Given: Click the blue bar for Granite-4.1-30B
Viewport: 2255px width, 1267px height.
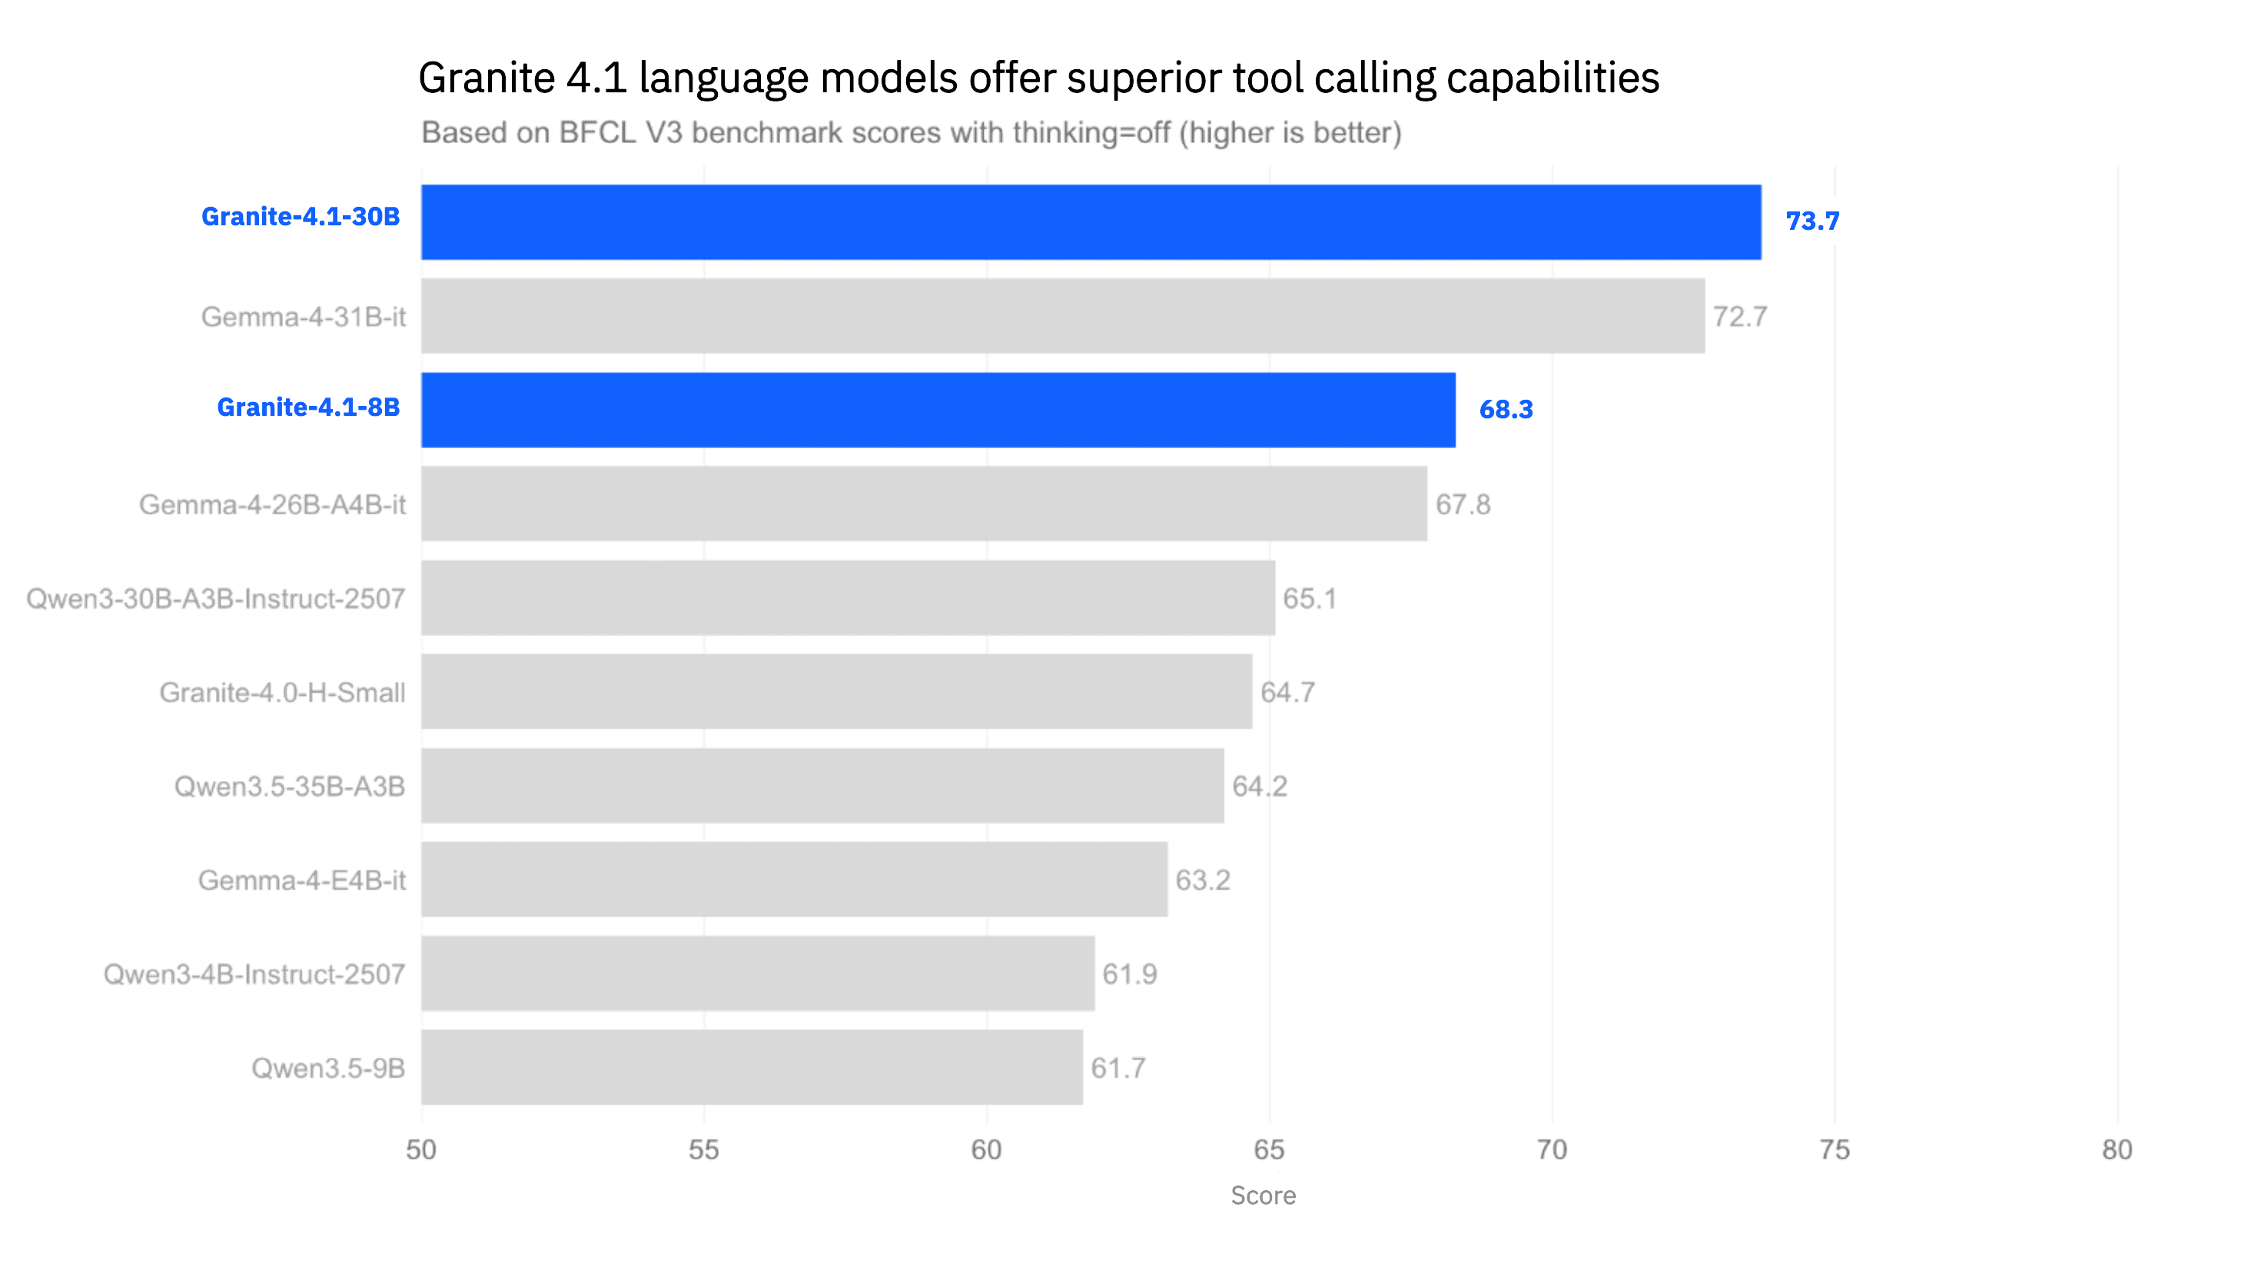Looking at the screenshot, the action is pyautogui.click(x=1091, y=221).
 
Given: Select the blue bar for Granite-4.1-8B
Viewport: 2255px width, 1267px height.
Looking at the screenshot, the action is pyautogui.click(x=938, y=410).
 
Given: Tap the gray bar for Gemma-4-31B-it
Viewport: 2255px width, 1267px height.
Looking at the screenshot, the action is pyautogui.click(x=1063, y=316).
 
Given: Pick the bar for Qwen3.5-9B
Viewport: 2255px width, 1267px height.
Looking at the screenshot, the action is pyautogui.click(x=752, y=1067).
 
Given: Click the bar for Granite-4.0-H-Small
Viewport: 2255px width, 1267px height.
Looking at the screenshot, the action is pyautogui.click(x=837, y=692).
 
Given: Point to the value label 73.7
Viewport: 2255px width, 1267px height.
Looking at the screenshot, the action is pyautogui.click(x=1812, y=221).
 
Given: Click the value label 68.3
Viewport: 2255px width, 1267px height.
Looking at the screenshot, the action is pyautogui.click(x=1506, y=409).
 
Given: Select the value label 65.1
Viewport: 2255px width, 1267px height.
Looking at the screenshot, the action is pyautogui.click(x=1310, y=598).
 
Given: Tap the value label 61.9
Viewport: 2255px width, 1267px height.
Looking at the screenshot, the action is pyautogui.click(x=1129, y=973).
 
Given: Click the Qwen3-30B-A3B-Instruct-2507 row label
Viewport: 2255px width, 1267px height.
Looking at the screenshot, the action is pyautogui.click(x=216, y=599).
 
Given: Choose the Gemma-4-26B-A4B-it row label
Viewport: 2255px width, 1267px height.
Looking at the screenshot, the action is pyautogui.click(x=272, y=504).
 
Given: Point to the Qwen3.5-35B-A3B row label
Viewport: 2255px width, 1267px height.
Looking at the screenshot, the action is pyautogui.click(x=290, y=786).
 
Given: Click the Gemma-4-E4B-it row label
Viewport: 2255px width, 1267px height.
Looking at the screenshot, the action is pyautogui.click(x=302, y=880).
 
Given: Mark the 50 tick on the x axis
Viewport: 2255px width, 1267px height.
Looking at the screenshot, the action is pyautogui.click(x=421, y=1149).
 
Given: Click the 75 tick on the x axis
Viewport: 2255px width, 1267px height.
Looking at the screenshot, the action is pyautogui.click(x=1835, y=1149).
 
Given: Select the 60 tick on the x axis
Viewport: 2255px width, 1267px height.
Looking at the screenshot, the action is pyautogui.click(x=987, y=1149).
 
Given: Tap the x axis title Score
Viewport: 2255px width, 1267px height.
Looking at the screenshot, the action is pyautogui.click(x=1264, y=1196).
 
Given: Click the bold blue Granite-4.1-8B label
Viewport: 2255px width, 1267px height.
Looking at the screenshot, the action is pyautogui.click(x=308, y=407).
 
